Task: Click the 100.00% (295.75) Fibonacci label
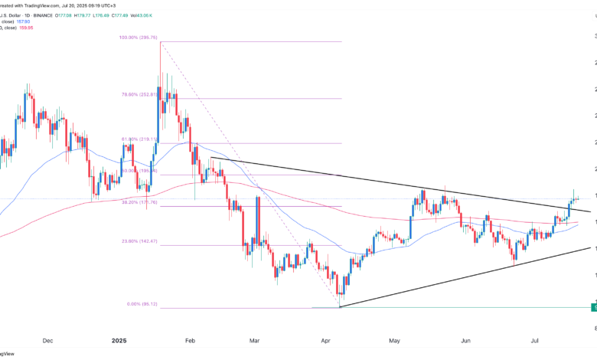tap(139, 36)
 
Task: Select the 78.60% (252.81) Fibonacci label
tap(139, 94)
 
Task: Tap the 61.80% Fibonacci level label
tap(138, 139)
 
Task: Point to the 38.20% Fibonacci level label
tap(138, 202)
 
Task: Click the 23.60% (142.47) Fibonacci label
tap(139, 241)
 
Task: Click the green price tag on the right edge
tap(594, 307)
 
